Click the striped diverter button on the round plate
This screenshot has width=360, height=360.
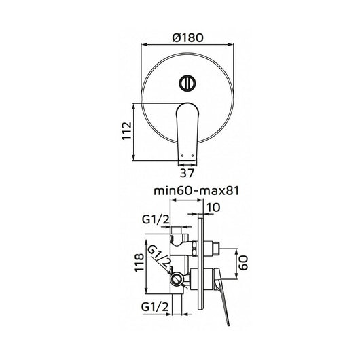(188, 83)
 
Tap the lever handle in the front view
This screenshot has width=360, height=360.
(187, 129)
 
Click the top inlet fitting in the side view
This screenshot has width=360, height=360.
(179, 234)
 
